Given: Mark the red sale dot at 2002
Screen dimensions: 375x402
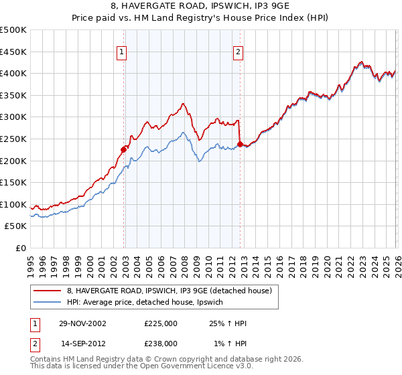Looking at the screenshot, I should (x=124, y=149).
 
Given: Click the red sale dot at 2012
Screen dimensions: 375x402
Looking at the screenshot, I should (x=240, y=144).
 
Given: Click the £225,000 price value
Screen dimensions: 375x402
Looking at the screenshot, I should (x=161, y=323).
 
